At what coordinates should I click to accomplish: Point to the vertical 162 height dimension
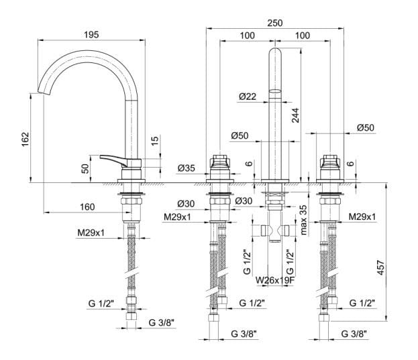(x=25, y=139)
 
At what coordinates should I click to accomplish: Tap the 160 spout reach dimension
(x=86, y=206)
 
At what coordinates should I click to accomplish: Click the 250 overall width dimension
(x=275, y=21)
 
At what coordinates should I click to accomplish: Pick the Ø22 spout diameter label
(x=248, y=97)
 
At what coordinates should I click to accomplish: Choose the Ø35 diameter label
(x=187, y=168)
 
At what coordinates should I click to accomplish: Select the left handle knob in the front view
(x=219, y=162)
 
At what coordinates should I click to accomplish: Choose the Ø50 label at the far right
(x=366, y=127)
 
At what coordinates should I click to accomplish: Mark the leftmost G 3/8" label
(x=160, y=323)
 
